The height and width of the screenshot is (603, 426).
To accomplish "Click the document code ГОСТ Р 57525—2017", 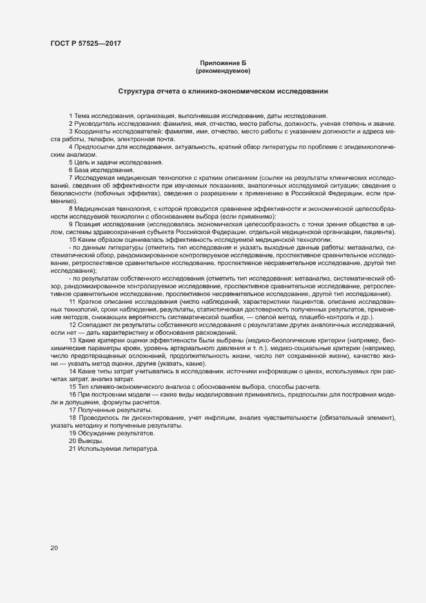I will tap(85, 43).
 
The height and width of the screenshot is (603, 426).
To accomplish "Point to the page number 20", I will tap(53, 548).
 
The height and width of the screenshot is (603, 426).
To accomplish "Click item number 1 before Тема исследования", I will tap(70, 114).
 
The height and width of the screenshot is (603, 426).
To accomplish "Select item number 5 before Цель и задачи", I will tap(70, 162).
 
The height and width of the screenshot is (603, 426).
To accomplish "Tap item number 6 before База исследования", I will tap(70, 170).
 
